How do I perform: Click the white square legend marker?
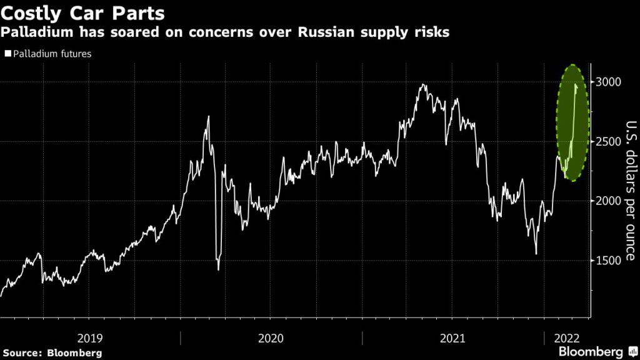pyautogui.click(x=7, y=54)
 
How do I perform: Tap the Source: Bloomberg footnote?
pyautogui.click(x=51, y=353)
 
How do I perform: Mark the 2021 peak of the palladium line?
pyautogui.click(x=424, y=84)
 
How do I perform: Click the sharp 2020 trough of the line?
pyautogui.click(x=218, y=269)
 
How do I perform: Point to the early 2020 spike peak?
pyautogui.click(x=208, y=116)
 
